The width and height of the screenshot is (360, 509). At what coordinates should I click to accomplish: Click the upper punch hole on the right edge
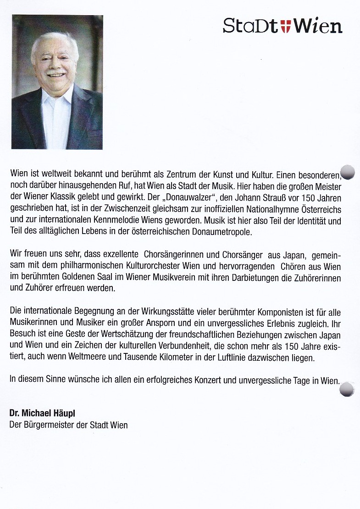coord(348,172)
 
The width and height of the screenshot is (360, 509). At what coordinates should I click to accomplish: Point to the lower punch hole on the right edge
coord(347,389)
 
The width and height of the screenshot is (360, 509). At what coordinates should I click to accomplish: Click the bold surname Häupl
coord(64,414)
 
